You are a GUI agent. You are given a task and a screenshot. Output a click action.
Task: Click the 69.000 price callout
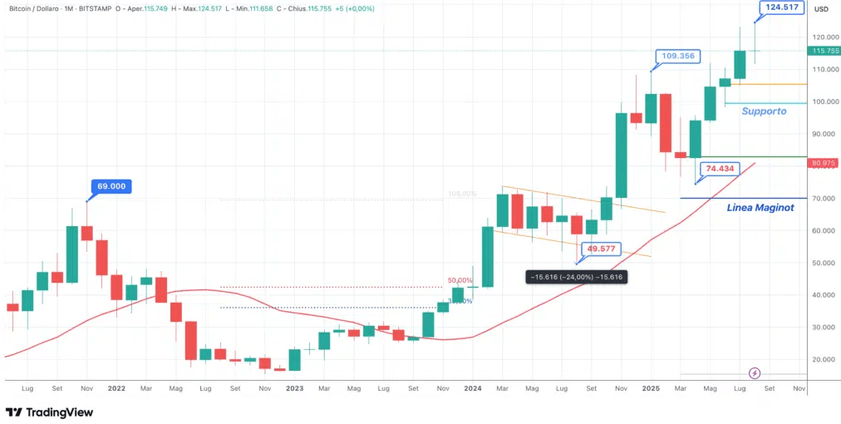point(111,186)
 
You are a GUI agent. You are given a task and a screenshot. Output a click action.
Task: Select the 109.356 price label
point(679,57)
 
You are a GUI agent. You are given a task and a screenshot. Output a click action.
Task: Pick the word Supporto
point(764,111)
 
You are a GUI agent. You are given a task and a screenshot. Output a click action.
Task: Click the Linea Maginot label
point(760,207)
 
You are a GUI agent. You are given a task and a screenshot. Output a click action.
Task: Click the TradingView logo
point(49,412)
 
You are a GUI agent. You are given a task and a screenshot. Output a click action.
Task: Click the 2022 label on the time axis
point(116,387)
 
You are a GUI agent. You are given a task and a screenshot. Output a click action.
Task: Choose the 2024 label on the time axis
point(473,387)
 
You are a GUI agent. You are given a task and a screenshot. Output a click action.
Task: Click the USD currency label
point(821,9)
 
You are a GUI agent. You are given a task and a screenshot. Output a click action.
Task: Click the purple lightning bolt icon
point(755,373)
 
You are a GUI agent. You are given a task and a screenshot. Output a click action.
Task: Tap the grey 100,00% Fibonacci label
point(462,195)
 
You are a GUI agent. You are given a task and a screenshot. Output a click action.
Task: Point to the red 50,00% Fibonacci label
point(460,281)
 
